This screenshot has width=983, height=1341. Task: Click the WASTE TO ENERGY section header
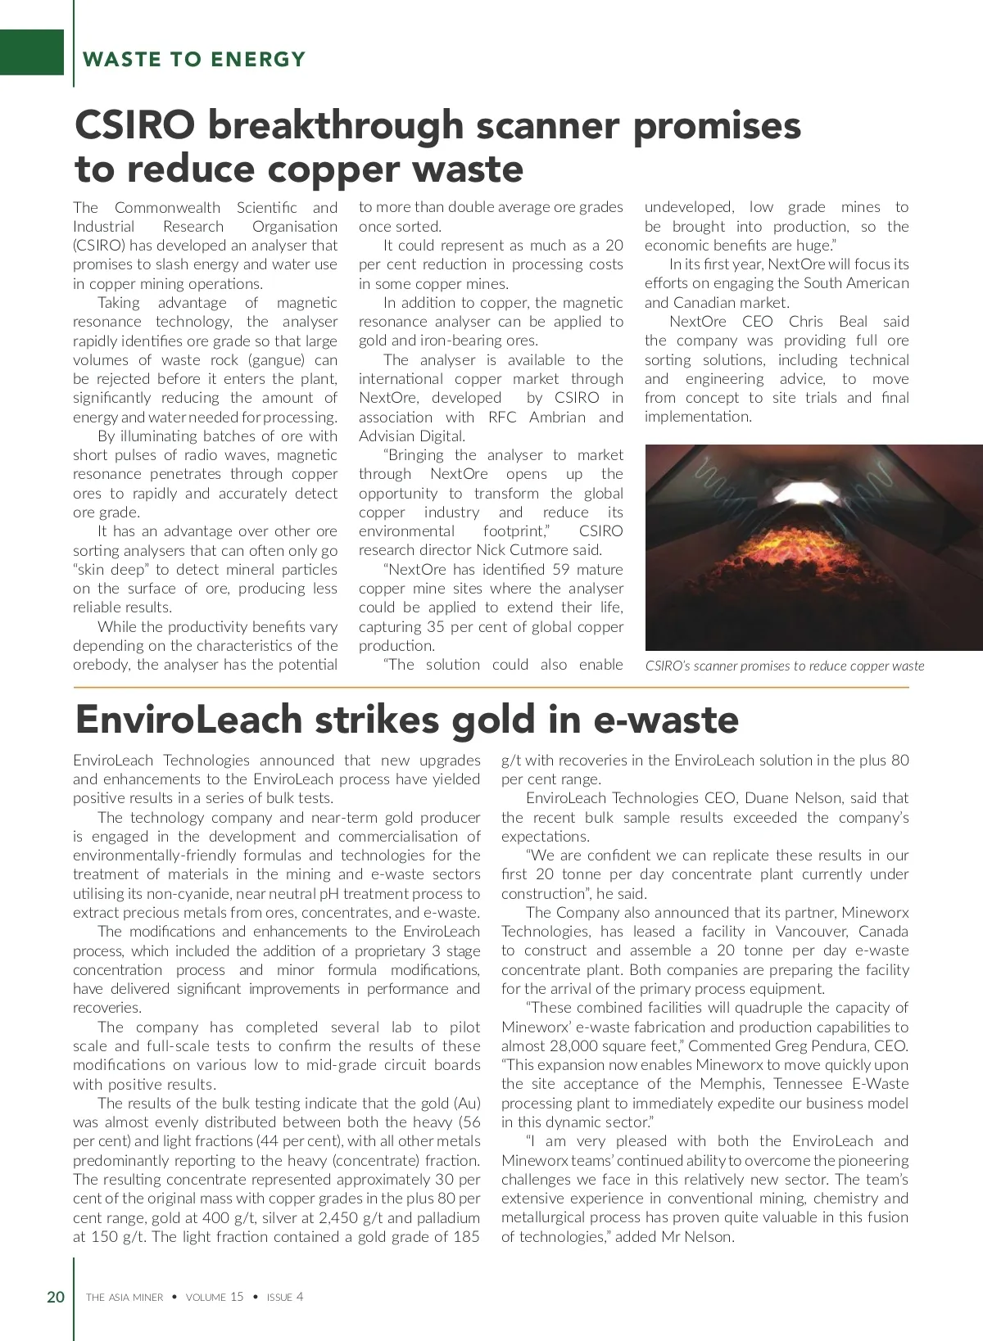[194, 59]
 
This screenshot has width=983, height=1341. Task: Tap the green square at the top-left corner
[31, 52]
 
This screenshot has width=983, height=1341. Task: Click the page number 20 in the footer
[56, 1297]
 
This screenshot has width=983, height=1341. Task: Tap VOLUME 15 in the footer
[215, 1297]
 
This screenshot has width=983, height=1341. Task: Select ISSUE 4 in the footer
[285, 1297]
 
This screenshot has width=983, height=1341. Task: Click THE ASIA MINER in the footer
[125, 1297]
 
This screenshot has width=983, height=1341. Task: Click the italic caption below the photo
[784, 666]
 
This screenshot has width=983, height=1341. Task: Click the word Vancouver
[811, 932]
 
